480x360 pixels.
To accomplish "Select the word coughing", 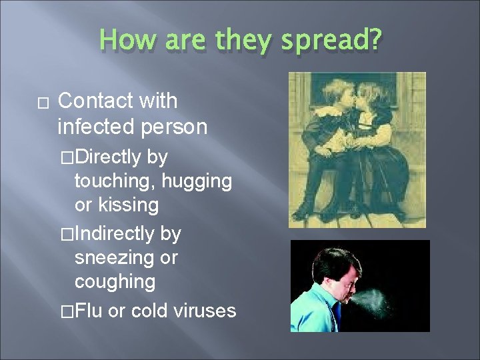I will pyautogui.click(x=115, y=281).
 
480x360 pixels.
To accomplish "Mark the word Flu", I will pyautogui.click(x=89, y=310).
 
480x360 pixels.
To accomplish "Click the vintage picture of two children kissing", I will pyautogui.click(x=357, y=150).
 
